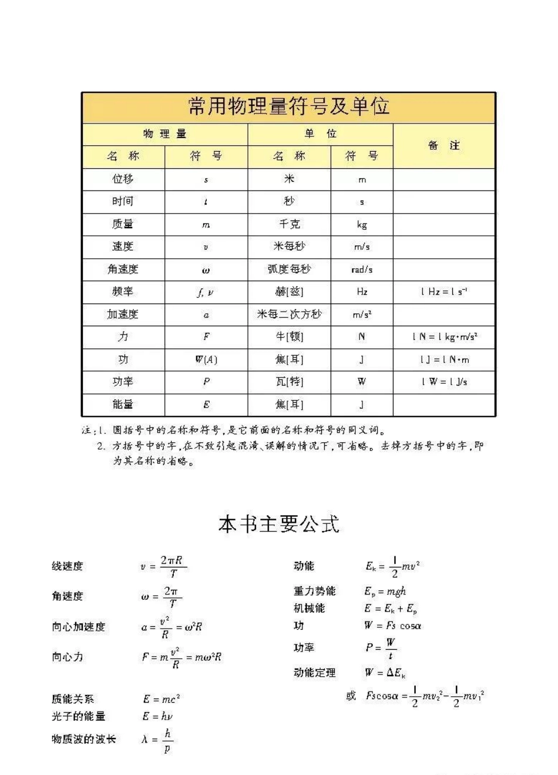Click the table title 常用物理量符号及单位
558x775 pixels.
[288, 107]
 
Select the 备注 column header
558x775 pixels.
[444, 145]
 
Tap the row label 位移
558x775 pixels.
[123, 179]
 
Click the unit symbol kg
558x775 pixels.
[362, 225]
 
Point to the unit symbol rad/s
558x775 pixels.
[362, 269]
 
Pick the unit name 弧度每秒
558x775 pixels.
[289, 269]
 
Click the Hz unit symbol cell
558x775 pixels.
[362, 292]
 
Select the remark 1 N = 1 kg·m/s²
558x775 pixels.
[445, 337]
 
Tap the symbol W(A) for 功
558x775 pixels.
[206, 359]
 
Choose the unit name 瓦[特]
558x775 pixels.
[289, 382]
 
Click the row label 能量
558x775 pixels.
[123, 405]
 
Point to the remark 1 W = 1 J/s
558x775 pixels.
[445, 382]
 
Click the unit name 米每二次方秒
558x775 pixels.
[289, 315]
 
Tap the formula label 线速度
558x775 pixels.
[68, 566]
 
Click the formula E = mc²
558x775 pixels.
[161, 699]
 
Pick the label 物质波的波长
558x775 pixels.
[83, 739]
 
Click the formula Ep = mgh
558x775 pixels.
[385, 592]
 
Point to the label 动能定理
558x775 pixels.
[315, 672]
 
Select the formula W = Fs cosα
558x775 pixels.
[392, 626]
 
